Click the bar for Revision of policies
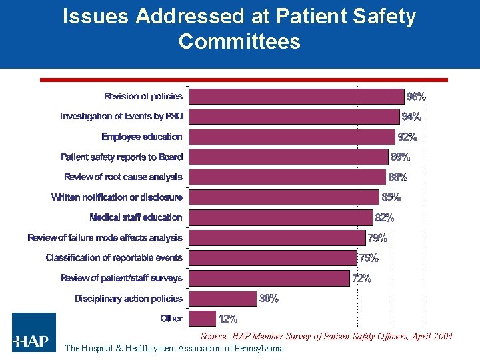[297, 97]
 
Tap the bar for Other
[203, 319]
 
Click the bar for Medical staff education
[281, 217]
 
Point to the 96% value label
[416, 97]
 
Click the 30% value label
[269, 299]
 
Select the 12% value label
[228, 319]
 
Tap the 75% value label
[369, 258]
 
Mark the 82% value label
[384, 218]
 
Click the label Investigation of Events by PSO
[121, 117]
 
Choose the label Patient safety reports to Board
[121, 157]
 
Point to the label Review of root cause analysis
[123, 177]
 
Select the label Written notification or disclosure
[117, 197]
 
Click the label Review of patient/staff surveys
[121, 278]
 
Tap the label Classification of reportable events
[114, 258]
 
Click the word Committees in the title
[239, 41]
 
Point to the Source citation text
[326, 337]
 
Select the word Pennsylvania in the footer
[257, 348]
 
